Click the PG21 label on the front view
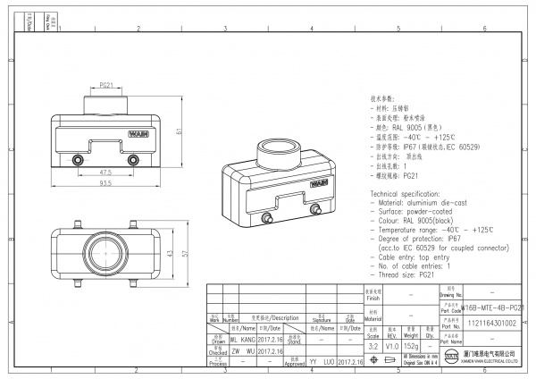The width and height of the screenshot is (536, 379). tap(105, 85)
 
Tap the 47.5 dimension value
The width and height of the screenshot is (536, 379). tap(105, 172)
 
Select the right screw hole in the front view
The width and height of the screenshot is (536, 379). tap(133, 160)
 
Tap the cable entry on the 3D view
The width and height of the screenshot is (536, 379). tap(270, 147)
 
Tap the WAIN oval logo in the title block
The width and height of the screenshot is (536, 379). tap(451, 359)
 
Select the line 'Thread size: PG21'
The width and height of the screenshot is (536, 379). tap(407, 276)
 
